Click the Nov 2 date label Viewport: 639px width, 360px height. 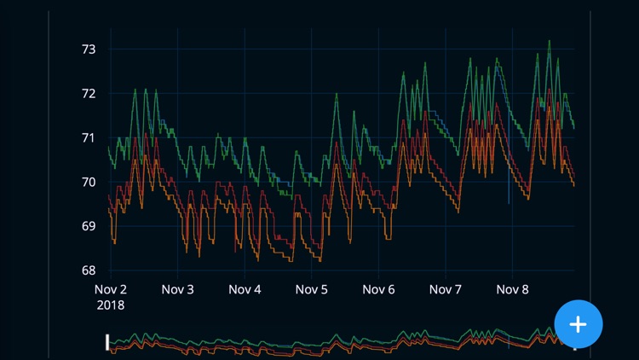pyautogui.click(x=111, y=290)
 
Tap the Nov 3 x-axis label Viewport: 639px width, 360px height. pyautogui.click(x=177, y=290)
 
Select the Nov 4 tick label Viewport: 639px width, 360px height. pyautogui.click(x=245, y=290)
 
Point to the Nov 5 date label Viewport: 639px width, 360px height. pyautogui.click(x=312, y=290)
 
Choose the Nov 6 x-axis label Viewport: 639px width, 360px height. pyautogui.click(x=378, y=290)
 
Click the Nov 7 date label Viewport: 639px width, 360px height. pyautogui.click(x=446, y=290)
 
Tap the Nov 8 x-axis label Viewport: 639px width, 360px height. pyautogui.click(x=512, y=290)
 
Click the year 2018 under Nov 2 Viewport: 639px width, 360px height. pyautogui.click(x=111, y=305)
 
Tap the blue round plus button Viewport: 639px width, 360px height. pyautogui.click(x=579, y=324)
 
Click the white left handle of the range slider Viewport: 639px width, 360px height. pyautogui.click(x=107, y=342)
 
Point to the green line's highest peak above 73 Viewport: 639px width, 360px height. pyautogui.click(x=549, y=40)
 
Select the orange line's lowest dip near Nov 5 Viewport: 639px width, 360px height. pyautogui.click(x=320, y=261)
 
